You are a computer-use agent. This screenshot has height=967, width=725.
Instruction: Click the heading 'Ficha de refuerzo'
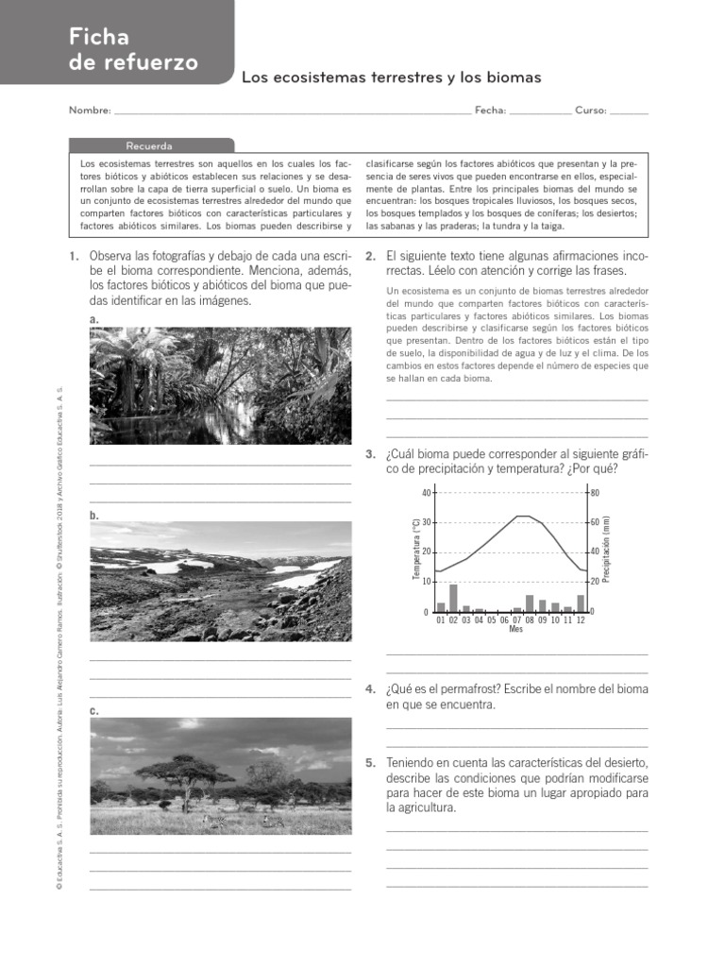tap(133, 50)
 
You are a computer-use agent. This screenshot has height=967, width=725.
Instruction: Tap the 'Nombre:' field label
tap(90, 110)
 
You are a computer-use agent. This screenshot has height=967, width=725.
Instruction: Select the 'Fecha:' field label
tap(490, 110)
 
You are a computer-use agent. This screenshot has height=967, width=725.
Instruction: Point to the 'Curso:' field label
tap(590, 110)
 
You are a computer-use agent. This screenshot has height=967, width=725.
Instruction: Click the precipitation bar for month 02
tap(453, 599)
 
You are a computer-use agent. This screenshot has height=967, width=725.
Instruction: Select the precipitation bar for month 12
tap(581, 603)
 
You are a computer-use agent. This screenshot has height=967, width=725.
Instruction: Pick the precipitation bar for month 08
tap(530, 603)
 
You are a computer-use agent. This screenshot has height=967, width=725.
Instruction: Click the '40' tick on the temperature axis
tap(425, 493)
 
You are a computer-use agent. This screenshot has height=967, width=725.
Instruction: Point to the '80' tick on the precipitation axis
tap(595, 493)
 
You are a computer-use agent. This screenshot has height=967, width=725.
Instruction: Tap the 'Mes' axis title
tap(515, 629)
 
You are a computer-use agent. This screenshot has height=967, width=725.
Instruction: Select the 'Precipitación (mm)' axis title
tap(607, 549)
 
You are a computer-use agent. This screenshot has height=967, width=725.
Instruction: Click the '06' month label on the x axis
tap(504, 619)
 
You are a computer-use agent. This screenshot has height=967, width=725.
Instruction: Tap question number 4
tap(370, 689)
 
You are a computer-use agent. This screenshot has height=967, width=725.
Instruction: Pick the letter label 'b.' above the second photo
tap(93, 516)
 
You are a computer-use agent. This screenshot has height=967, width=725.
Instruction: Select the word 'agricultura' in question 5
tap(421, 808)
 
